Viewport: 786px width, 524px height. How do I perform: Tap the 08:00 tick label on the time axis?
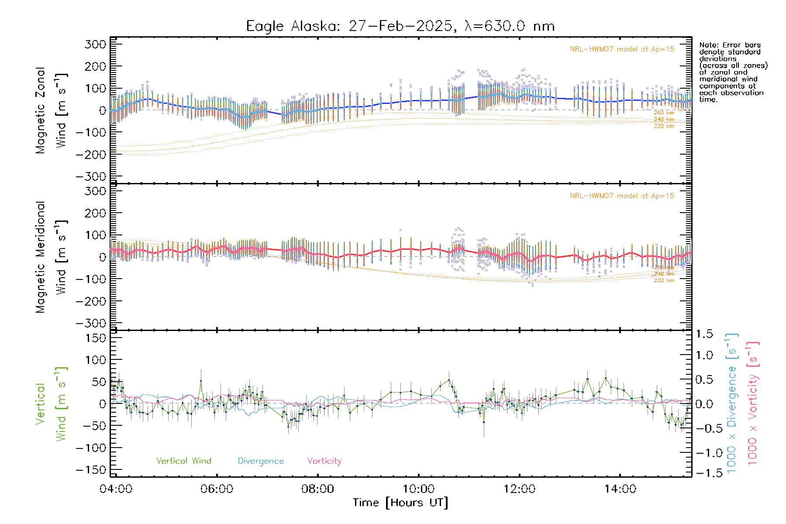point(317,489)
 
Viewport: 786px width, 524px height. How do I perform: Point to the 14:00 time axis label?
point(620,489)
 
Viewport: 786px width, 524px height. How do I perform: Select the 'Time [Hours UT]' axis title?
point(400,503)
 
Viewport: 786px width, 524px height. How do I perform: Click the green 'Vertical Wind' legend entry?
point(183,461)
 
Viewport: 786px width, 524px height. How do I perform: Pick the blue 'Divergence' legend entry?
point(261,461)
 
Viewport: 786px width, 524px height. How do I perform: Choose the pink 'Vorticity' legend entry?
point(324,461)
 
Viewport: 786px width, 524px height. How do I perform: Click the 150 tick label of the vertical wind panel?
point(96,338)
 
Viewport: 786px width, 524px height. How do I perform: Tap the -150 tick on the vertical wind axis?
point(91,470)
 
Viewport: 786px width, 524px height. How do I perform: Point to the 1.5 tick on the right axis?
point(704,334)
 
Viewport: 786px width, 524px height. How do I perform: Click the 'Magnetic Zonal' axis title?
point(40,110)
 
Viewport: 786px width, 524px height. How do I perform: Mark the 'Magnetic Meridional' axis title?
point(40,257)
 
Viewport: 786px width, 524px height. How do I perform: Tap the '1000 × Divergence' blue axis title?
point(731,403)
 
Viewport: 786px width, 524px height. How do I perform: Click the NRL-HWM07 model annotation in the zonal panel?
point(622,49)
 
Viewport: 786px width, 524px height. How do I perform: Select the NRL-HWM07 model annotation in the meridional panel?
point(622,196)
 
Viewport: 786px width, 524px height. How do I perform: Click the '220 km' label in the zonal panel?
point(664,126)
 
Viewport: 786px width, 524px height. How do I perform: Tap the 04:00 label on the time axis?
point(116,489)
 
